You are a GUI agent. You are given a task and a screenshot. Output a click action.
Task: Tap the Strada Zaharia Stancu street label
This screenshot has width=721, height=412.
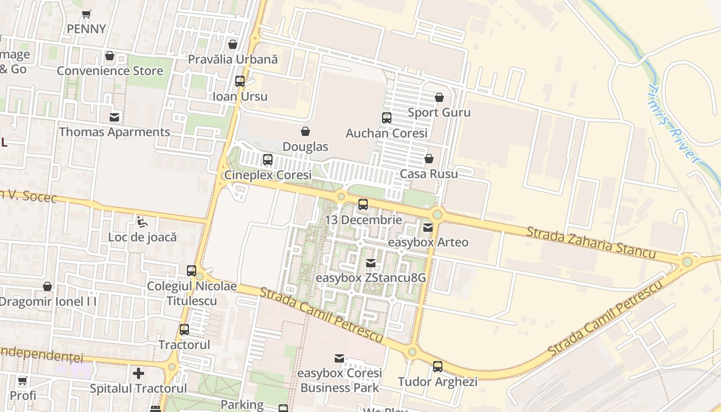pos(591,242)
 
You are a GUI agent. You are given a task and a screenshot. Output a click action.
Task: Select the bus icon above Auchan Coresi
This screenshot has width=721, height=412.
pos(387,118)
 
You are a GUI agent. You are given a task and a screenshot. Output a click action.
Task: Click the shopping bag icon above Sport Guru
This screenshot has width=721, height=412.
pos(439,97)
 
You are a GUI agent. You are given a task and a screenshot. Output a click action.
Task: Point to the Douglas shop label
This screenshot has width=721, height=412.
pos(305,147)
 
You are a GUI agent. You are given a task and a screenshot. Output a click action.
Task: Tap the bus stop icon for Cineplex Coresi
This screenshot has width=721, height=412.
pos(268,160)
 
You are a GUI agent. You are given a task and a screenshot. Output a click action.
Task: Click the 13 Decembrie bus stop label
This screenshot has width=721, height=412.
pos(363,220)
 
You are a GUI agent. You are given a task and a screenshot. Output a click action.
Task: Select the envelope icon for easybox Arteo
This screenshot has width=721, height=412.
pos(428,227)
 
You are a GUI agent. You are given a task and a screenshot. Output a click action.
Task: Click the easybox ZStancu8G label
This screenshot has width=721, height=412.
pos(371,278)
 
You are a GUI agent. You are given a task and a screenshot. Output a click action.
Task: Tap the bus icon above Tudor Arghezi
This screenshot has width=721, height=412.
pos(438,367)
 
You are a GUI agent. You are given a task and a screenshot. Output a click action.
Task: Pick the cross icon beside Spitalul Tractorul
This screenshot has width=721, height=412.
pos(139,373)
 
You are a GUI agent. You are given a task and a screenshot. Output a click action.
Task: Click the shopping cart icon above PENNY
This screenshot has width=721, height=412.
pos(87,14)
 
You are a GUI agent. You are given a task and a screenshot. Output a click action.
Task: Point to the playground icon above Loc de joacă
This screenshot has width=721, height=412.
pos(142,222)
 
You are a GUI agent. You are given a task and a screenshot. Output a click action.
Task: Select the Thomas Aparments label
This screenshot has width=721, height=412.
pos(114,132)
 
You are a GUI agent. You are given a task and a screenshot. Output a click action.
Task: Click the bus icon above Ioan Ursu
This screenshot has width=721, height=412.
pos(240,81)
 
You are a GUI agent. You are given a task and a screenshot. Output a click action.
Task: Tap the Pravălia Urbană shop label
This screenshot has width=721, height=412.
pos(233,59)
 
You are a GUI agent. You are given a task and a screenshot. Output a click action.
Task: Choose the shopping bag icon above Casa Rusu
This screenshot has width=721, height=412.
pos(429,159)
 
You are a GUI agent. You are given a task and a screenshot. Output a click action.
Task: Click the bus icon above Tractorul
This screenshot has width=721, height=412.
pos(184,330)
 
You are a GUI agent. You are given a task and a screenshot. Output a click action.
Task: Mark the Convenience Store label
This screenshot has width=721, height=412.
pos(110,71)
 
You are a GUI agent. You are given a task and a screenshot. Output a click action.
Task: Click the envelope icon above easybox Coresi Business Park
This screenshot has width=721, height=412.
pos(339,358)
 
